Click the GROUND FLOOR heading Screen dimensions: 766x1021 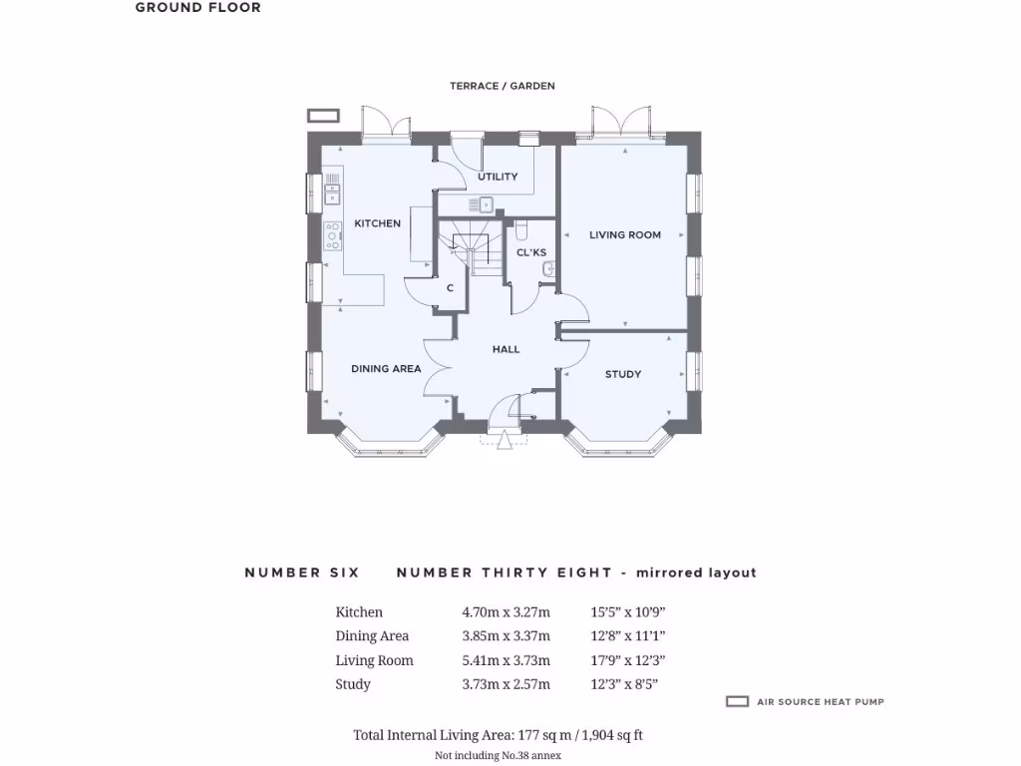coord(198,8)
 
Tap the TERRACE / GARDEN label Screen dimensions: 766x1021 coord(503,87)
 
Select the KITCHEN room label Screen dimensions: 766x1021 coord(378,223)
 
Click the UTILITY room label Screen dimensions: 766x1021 coord(498,177)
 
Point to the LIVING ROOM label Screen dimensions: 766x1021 coord(625,235)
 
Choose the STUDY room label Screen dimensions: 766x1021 coord(623,375)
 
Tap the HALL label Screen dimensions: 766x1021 coord(507,349)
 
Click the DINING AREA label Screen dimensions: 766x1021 coord(386,369)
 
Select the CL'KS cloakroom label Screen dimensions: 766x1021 coord(530,252)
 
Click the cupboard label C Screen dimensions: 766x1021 coord(450,288)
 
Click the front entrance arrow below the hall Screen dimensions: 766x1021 coord(505,438)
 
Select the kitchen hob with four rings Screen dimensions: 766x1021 coord(332,235)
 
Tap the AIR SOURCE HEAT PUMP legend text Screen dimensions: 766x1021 coord(821,702)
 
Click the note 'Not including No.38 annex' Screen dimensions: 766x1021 coord(499,755)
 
